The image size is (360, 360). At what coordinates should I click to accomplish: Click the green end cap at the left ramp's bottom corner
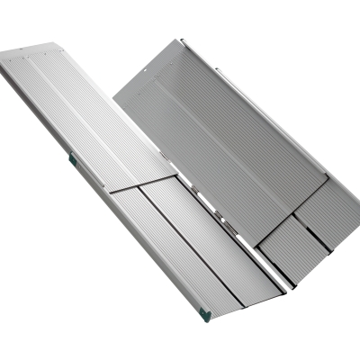205,314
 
